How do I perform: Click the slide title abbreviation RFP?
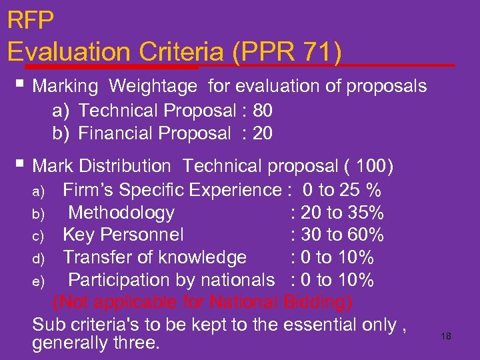[30, 20]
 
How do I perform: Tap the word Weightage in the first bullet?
[153, 86]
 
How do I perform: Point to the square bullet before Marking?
[22, 85]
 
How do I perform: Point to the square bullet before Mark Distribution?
[22, 163]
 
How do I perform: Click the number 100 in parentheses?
[371, 165]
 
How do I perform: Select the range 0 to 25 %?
[341, 191]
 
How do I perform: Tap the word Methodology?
[121, 213]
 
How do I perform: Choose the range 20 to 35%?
[342, 213]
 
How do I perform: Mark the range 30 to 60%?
[342, 235]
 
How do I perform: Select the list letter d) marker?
[38, 258]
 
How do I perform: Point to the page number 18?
[446, 336]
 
